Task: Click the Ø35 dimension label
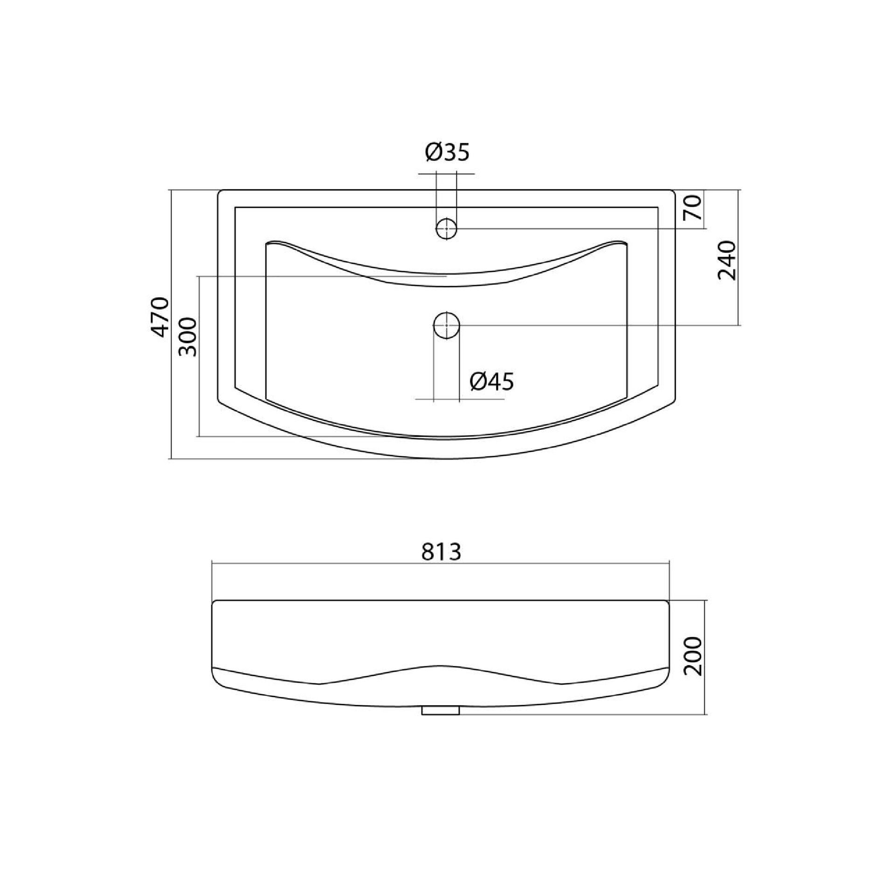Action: point(447,152)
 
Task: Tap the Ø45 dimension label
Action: point(492,382)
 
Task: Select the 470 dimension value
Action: point(161,317)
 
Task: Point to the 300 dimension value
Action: point(188,337)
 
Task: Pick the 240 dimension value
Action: point(727,260)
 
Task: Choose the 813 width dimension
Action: point(441,552)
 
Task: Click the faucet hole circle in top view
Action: point(447,228)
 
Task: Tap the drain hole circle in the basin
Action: point(447,325)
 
